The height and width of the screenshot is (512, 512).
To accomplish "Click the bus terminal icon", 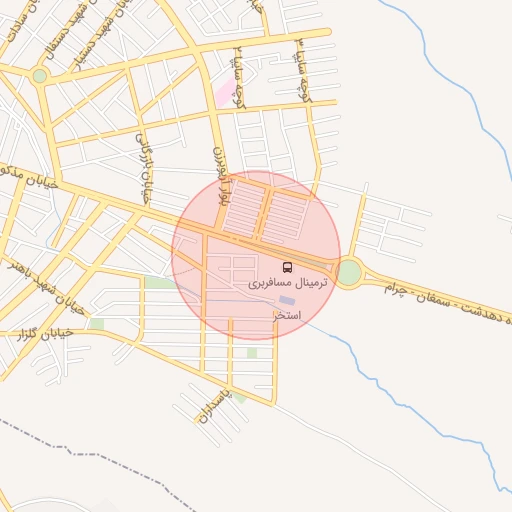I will coord(288,267).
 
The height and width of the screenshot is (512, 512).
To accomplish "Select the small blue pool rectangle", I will coord(287,299).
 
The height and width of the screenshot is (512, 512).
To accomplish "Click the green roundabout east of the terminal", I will coord(349,272).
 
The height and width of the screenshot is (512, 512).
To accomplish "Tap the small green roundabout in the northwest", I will coord(39,75).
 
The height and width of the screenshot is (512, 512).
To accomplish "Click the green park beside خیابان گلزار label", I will coord(96,324).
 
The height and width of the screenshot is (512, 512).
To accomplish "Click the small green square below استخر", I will coord(252,352).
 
